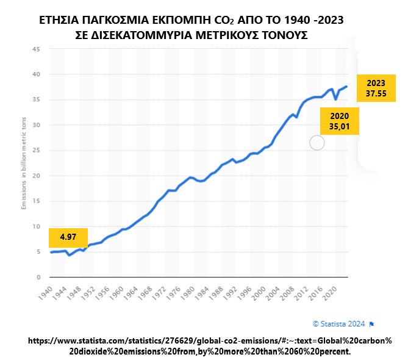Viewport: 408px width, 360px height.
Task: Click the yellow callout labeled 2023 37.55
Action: (376, 87)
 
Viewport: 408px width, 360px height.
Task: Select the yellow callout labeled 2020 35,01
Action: (339, 121)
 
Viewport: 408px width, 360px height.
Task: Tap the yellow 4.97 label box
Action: (68, 237)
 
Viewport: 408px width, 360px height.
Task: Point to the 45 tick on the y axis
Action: (36, 49)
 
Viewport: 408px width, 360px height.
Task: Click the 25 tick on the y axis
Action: (36, 151)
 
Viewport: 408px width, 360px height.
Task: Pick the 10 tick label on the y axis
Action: (36, 226)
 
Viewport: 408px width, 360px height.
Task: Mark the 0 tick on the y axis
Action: (38, 277)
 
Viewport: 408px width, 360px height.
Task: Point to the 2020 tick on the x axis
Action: (332, 292)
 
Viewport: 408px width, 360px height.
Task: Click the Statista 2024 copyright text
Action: (340, 323)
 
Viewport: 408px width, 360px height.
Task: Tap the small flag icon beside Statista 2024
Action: (372, 323)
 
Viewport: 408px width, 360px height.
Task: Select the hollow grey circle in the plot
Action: (317, 143)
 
